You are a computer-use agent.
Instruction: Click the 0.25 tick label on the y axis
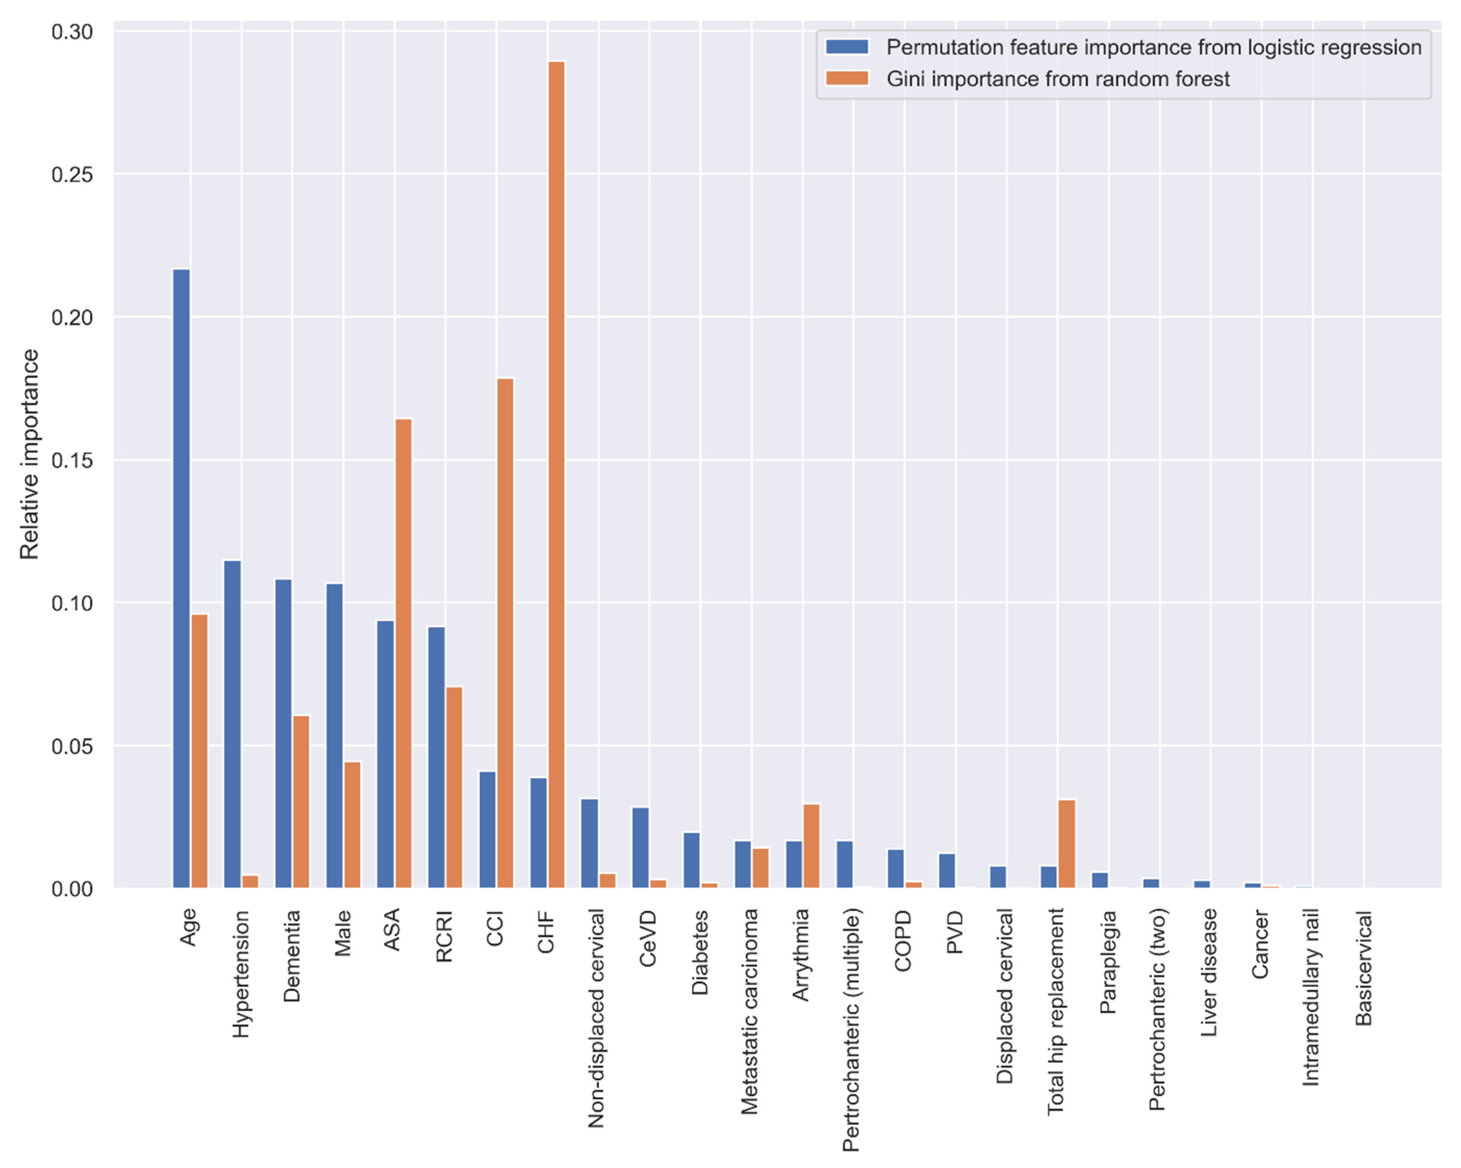[x=72, y=175]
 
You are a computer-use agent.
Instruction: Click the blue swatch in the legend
[x=847, y=47]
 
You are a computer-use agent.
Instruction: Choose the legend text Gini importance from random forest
[x=1058, y=79]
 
